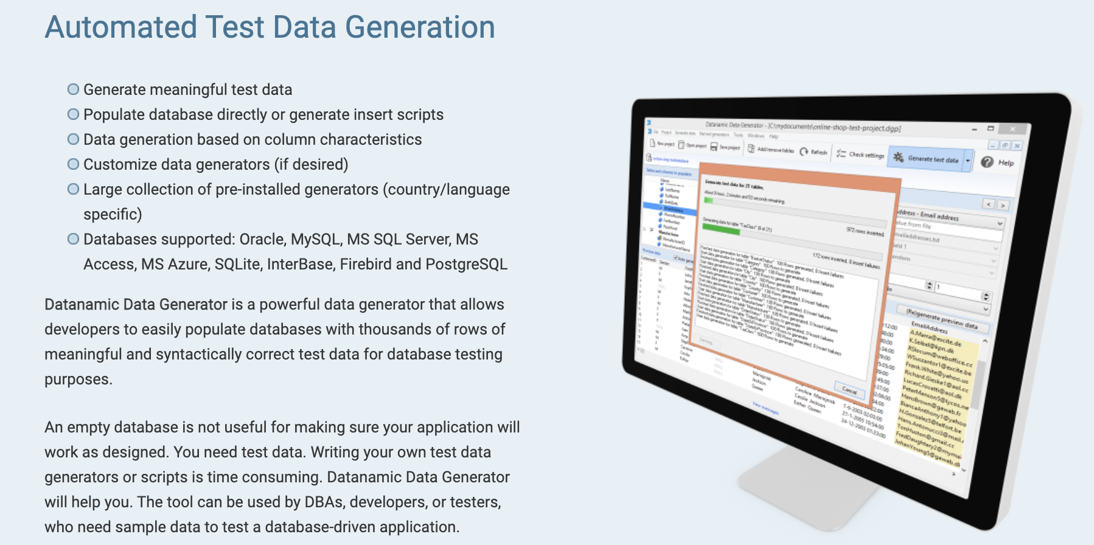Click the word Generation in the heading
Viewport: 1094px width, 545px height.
click(420, 27)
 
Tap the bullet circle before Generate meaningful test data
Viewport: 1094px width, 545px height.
click(73, 89)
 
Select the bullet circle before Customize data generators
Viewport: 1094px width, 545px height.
click(73, 164)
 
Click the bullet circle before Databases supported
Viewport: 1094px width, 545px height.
click(73, 239)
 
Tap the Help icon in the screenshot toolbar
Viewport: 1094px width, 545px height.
click(987, 162)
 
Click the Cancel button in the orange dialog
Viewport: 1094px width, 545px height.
click(849, 390)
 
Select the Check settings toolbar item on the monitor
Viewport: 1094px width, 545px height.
click(861, 154)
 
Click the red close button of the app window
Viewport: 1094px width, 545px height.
click(1012, 130)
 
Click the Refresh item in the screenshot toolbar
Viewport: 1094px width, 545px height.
click(814, 152)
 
